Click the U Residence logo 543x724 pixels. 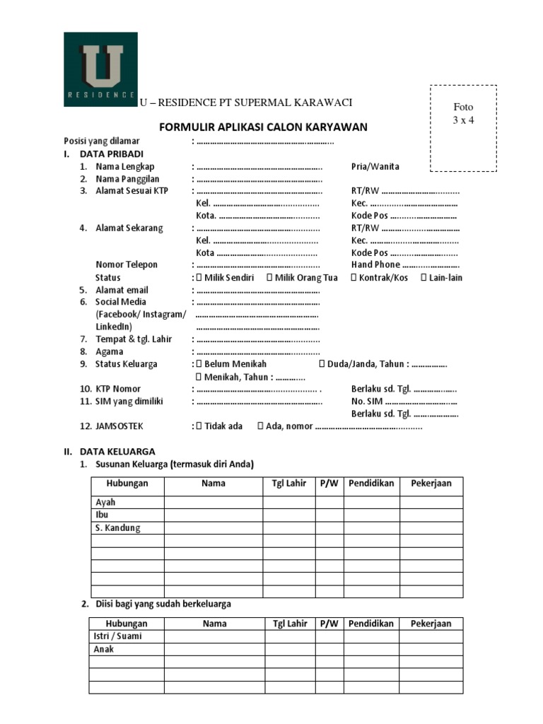coord(100,69)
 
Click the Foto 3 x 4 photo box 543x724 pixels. coord(463,128)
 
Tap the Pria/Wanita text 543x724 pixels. coord(375,167)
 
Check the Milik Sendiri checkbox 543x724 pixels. coord(199,278)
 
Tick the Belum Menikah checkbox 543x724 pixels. coord(199,364)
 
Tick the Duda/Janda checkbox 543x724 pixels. coord(322,364)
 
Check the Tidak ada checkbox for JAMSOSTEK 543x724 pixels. coord(199,426)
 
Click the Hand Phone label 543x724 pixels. coord(375,264)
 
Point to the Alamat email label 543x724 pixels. coord(122,290)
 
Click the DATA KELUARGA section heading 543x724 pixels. coord(117,451)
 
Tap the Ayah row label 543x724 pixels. coord(105,503)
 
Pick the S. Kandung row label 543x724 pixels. coord(118,528)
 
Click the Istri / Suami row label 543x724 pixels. coord(118,636)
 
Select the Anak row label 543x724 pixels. coord(104,649)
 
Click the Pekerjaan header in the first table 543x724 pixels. coord(431,484)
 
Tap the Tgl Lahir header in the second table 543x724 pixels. coord(290,624)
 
